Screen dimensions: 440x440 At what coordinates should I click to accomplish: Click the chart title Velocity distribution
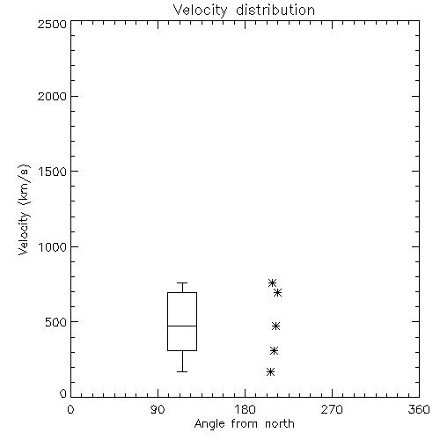point(244,11)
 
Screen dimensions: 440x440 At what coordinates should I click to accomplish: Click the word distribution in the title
point(275,10)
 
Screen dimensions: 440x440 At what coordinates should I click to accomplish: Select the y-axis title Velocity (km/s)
point(24,209)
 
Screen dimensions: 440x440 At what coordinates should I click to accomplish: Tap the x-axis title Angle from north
point(244,423)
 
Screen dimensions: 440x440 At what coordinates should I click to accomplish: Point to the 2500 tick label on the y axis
point(52,24)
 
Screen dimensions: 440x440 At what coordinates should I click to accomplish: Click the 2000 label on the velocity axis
point(52,96)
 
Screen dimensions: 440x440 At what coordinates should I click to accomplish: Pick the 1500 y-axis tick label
point(53,172)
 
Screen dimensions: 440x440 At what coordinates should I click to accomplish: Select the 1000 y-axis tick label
point(53,246)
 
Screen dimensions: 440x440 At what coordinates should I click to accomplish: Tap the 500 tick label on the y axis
point(56,322)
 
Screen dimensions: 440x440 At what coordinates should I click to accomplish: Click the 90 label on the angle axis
point(158,409)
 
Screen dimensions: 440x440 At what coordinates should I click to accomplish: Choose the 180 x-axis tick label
point(245,409)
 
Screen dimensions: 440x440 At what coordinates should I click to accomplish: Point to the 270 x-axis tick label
point(332,409)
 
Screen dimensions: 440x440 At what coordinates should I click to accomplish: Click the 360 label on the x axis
point(419,409)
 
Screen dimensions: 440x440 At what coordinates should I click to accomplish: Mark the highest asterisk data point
point(272,283)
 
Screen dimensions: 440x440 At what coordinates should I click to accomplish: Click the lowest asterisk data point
point(270,372)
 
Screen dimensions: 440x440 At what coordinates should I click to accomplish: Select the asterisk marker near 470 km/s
point(275,326)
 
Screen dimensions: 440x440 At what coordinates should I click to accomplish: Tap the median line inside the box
point(182,326)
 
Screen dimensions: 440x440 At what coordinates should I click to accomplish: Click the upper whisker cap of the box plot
point(182,283)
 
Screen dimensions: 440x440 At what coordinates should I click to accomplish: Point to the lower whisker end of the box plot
point(182,371)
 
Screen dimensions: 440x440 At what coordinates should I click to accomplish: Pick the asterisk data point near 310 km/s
point(274,350)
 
